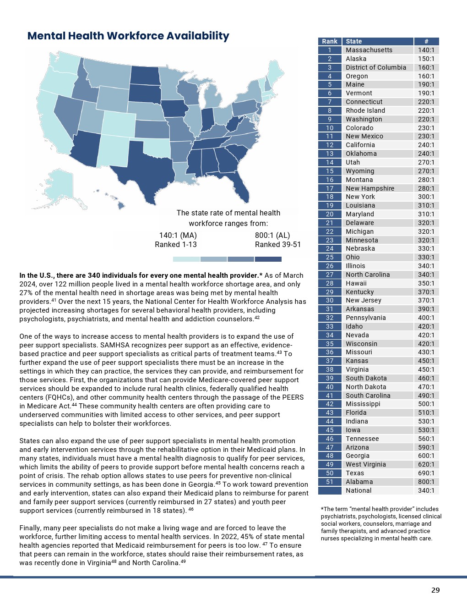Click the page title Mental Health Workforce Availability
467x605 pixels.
coord(128,36)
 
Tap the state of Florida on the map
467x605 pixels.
coord(240,188)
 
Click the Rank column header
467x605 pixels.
coord(330,41)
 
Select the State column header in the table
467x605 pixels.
coord(354,41)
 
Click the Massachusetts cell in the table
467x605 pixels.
coord(369,50)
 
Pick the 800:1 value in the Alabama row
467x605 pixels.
coord(426,482)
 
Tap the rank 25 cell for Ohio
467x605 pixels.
coord(330,257)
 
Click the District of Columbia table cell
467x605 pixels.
coord(376,67)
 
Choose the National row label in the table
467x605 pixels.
coord(358,490)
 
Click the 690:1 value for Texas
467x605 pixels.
coord(426,473)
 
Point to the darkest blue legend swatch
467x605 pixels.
coord(268,259)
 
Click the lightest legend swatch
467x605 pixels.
coord(186,259)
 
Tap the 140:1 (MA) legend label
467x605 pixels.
coord(178,236)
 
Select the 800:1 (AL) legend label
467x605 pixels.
coord(272,236)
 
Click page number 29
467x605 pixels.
coord(435,590)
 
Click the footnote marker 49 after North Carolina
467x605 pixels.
coord(183,561)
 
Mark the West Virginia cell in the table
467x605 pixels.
coord(366,464)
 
